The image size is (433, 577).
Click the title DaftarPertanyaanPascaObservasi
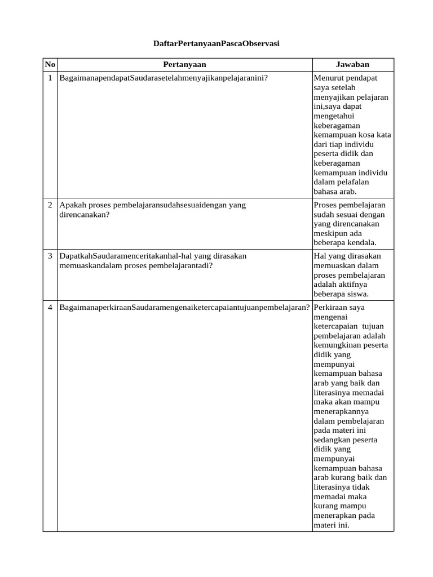pyautogui.click(x=216, y=43)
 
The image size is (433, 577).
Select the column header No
pyautogui.click(x=50, y=65)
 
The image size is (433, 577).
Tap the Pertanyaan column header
pyautogui.click(x=185, y=65)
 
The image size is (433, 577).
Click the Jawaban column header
pyautogui.click(x=352, y=65)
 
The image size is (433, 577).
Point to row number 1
pyautogui.click(x=50, y=78)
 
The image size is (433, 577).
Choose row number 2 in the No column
pyautogui.click(x=50, y=205)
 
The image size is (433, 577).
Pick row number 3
pyautogui.click(x=50, y=256)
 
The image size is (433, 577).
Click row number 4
pyautogui.click(x=50, y=307)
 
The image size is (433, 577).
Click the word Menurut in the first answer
pyautogui.click(x=328, y=78)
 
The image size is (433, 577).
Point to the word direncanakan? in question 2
pyautogui.click(x=83, y=215)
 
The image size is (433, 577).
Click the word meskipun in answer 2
pyautogui.click(x=330, y=233)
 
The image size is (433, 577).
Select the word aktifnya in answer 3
pyautogui.click(x=353, y=285)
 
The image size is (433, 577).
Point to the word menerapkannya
pyautogui.click(x=340, y=411)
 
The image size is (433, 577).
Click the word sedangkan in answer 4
pyautogui.click(x=332, y=440)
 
